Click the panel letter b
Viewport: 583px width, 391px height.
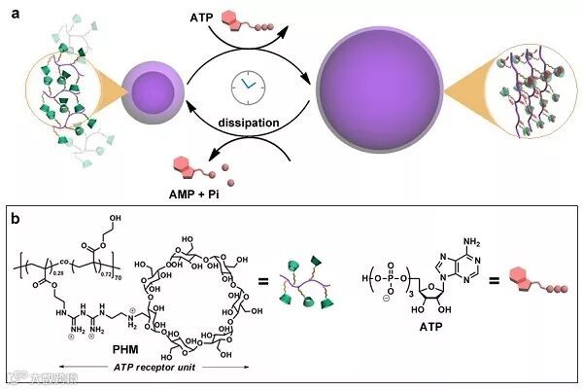(x=15, y=218)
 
